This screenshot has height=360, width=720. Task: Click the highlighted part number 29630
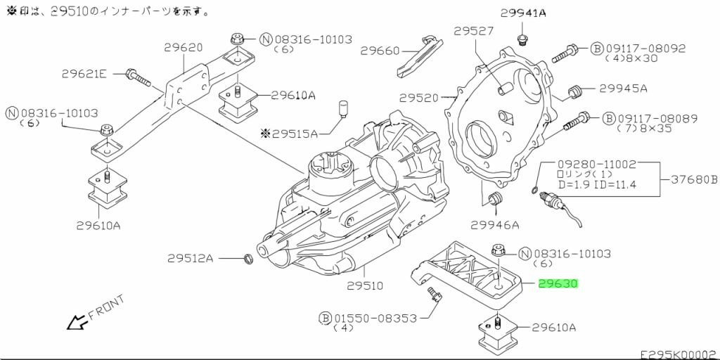click(558, 284)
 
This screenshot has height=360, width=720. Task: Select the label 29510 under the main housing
click(365, 285)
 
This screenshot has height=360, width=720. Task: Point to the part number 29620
click(184, 47)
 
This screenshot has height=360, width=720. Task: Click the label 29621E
click(84, 73)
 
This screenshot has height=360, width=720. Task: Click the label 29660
click(380, 51)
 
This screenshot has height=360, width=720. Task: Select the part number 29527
click(474, 31)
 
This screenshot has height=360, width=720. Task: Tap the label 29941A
click(523, 13)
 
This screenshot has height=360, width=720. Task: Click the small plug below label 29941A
click(521, 39)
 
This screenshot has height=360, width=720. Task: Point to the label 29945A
click(623, 88)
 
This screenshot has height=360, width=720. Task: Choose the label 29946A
click(495, 224)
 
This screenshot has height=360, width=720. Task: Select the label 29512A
click(190, 259)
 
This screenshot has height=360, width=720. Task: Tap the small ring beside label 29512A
click(247, 259)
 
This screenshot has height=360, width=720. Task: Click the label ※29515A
click(289, 134)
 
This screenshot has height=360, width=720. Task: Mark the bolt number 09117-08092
click(645, 49)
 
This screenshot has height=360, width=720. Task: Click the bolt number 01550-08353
click(375, 318)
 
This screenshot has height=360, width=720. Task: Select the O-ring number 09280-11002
click(597, 164)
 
